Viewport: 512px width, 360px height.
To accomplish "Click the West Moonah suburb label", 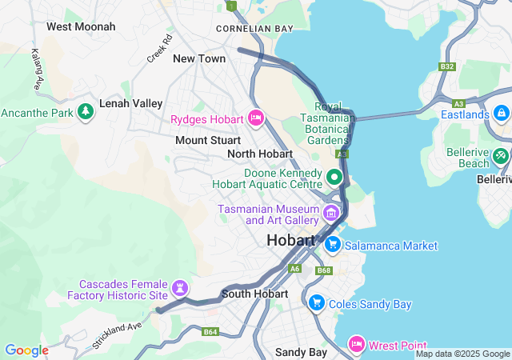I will click(x=81, y=26).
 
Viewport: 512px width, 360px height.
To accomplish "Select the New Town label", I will click(x=199, y=58).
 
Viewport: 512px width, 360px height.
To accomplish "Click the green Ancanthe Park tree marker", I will click(x=86, y=112).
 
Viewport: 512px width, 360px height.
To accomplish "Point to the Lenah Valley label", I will click(x=130, y=103).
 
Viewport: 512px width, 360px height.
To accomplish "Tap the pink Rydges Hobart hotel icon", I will click(x=256, y=119).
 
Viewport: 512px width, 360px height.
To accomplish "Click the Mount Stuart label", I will click(x=208, y=140).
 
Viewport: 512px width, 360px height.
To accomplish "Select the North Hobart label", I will click(x=260, y=154).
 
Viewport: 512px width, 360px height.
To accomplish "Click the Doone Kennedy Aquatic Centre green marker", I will click(x=335, y=177).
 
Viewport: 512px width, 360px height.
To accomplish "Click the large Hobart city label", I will click(x=294, y=240).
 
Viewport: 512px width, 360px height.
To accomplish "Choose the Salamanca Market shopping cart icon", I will click(x=333, y=246).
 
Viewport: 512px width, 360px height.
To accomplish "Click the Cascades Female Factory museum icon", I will click(x=181, y=286).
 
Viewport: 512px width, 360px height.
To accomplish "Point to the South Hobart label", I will click(x=254, y=294).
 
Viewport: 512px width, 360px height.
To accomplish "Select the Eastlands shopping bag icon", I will click(x=502, y=114).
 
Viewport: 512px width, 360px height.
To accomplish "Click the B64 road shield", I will click(x=210, y=331).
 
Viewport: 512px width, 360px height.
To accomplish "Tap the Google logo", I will click(x=26, y=350).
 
